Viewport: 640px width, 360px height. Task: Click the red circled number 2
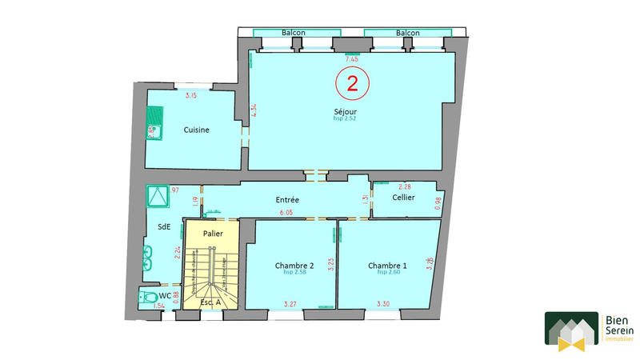[x=351, y=82]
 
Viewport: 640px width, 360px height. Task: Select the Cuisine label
[x=197, y=130]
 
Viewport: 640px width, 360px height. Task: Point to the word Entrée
[x=287, y=198]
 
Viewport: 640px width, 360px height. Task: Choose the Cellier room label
[x=403, y=198]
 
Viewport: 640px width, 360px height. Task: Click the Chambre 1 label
[x=387, y=265]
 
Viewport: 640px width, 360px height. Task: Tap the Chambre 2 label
[x=294, y=265]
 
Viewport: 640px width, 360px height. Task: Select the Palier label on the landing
[x=212, y=234]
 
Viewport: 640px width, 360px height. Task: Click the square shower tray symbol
[x=156, y=195]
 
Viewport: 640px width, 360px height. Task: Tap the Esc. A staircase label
[x=211, y=302]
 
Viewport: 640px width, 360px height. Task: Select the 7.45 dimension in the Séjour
[x=350, y=59]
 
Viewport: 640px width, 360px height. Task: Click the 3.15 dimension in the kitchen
[x=190, y=97]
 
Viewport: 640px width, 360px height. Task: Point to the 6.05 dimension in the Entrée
[x=285, y=214]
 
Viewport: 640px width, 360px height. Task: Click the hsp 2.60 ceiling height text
[x=387, y=273]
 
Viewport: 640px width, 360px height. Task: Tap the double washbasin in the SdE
[x=148, y=258]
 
